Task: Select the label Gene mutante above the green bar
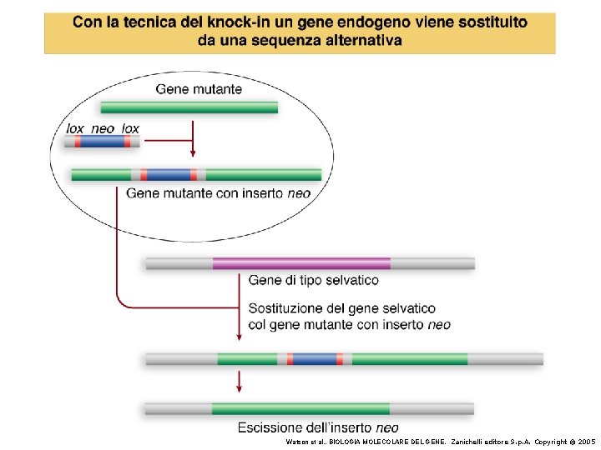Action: pos(199,89)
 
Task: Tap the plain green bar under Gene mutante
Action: pos(189,107)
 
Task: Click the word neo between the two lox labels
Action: pos(103,128)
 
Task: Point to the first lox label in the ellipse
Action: pos(75,128)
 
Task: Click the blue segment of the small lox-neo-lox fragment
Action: pos(102,142)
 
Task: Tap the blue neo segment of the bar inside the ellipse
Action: pos(169,175)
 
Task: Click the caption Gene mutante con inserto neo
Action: pos(218,193)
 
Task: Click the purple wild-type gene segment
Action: pos(301,263)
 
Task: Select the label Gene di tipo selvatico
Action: pos(313,280)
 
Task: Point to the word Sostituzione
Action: pos(289,308)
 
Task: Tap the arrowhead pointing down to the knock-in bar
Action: pos(240,336)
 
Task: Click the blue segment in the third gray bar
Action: pos(315,359)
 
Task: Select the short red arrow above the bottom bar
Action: pos(240,382)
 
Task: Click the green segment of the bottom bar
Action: pos(300,408)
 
